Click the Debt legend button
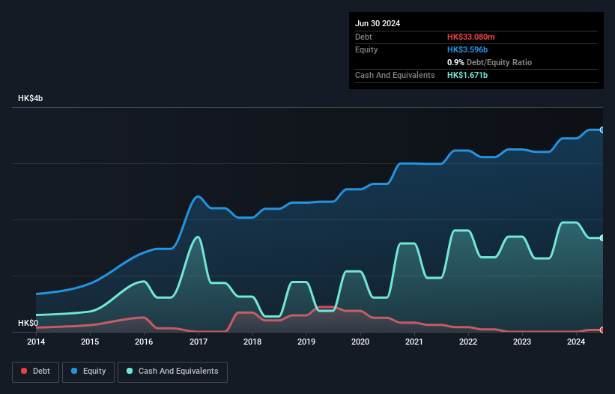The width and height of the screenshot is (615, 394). [x=34, y=371]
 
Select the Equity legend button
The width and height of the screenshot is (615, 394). [x=88, y=371]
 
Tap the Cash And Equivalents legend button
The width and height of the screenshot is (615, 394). [x=172, y=371]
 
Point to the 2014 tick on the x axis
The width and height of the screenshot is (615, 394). [x=36, y=342]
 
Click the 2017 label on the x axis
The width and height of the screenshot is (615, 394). [x=199, y=342]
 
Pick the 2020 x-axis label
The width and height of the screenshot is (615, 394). [x=360, y=342]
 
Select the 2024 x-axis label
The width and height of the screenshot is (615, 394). [x=576, y=342]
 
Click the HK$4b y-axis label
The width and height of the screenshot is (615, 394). [x=31, y=99]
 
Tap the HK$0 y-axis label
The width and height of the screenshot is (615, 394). [x=28, y=323]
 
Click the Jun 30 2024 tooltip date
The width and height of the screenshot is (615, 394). [x=378, y=23]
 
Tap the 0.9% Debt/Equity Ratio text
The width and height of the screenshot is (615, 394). [x=489, y=62]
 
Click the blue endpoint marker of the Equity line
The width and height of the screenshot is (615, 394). [x=602, y=130]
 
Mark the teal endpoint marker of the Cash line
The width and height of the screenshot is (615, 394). [x=602, y=238]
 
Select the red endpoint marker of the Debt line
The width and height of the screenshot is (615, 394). [x=602, y=330]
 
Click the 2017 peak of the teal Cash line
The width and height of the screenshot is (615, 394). [x=198, y=237]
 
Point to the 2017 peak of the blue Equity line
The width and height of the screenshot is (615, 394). [x=198, y=196]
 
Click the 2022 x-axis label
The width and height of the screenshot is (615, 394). [x=468, y=342]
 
